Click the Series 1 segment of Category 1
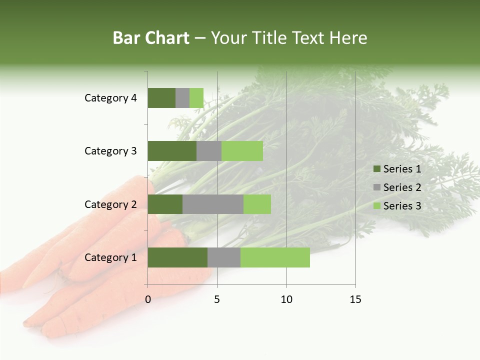(x=177, y=257)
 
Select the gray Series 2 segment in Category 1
(x=224, y=257)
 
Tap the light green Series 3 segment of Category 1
(x=275, y=257)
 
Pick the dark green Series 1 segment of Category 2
(x=165, y=204)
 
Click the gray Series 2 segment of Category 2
(x=213, y=204)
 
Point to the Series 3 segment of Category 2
(x=257, y=204)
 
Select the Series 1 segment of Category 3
(x=172, y=151)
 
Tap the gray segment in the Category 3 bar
(x=209, y=151)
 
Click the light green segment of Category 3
(x=242, y=151)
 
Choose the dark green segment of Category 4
(x=161, y=98)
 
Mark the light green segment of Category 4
(x=196, y=98)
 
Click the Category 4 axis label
(x=110, y=98)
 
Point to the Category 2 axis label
(x=110, y=204)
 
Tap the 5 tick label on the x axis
(x=217, y=299)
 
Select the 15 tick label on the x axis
(x=355, y=299)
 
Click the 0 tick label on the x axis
(x=148, y=299)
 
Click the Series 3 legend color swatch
(x=376, y=206)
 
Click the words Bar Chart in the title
(x=151, y=38)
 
